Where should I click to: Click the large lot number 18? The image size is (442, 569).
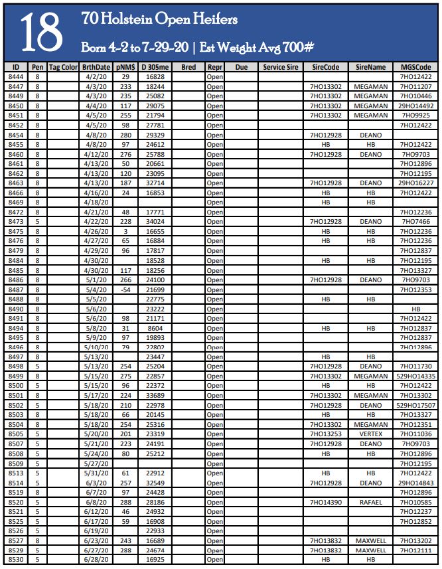click(40, 33)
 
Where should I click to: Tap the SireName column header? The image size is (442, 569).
click(370, 67)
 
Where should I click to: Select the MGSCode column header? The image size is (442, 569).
click(416, 67)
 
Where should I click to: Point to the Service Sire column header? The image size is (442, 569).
click(281, 67)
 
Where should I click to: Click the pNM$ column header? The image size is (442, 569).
click(125, 67)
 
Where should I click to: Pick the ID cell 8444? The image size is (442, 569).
click(16, 77)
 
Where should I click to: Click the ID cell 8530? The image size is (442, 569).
click(16, 560)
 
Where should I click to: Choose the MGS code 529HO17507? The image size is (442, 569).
click(416, 405)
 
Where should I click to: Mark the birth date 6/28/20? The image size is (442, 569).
click(97, 560)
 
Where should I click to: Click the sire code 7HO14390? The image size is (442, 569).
click(325, 502)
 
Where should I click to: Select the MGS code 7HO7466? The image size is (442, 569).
click(416, 222)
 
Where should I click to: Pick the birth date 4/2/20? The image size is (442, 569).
click(97, 77)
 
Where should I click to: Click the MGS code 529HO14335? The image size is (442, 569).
click(416, 376)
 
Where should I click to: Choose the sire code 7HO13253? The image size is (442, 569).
click(325, 434)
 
